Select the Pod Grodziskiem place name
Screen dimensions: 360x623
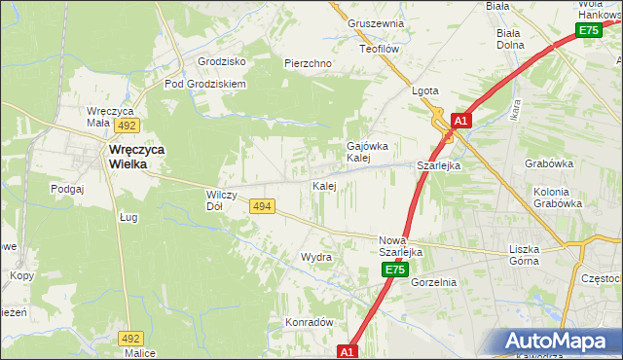pos(205,84)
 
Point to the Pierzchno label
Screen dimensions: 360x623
pos(309,63)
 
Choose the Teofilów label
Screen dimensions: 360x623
pos(381,48)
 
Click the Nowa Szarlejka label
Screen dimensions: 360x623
pos(399,245)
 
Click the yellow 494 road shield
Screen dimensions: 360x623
pos(261,206)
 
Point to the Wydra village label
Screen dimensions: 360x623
pos(316,257)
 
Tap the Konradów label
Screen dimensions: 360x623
pos(310,322)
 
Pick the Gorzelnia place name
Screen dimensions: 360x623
pos(433,282)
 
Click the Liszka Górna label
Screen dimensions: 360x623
pos(531,254)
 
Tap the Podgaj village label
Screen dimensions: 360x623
pos(68,189)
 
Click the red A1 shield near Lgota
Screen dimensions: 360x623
pos(461,121)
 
